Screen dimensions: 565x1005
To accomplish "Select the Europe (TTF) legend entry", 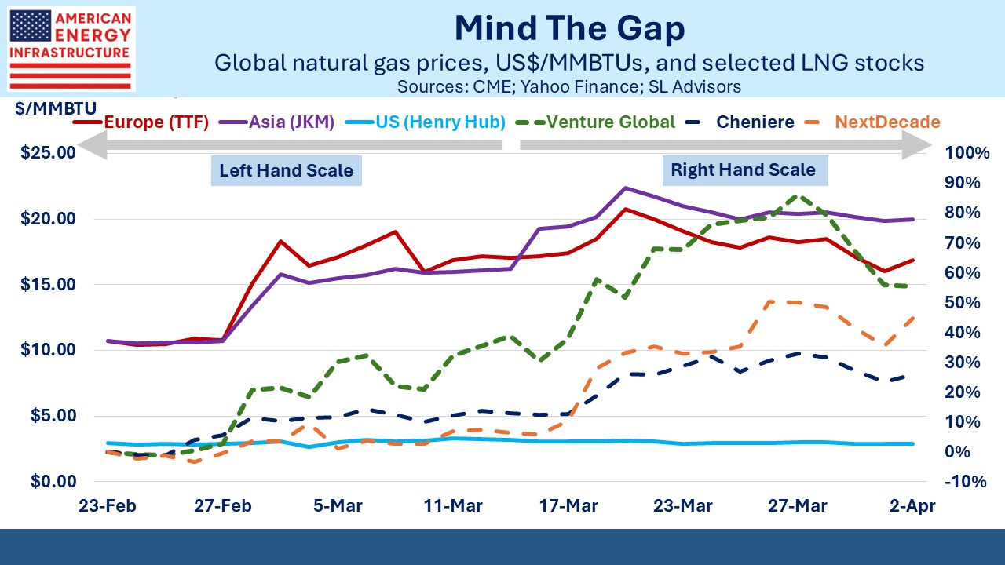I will [x=142, y=122].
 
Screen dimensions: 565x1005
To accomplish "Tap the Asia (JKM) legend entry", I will [x=284, y=122].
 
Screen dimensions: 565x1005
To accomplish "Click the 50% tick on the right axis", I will [x=965, y=302].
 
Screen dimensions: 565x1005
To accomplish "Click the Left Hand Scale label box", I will [x=286, y=170].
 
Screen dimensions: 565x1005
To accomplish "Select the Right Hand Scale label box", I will [x=743, y=169].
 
